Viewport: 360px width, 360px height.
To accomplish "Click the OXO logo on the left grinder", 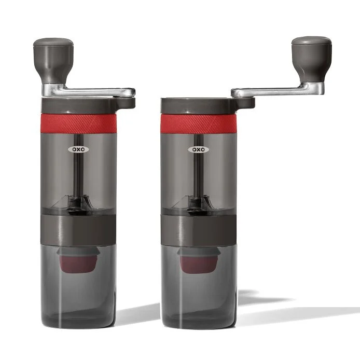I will (78, 149).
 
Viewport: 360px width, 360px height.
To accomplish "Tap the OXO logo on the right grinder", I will (198, 149).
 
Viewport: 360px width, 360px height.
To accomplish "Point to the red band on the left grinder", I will (78, 123).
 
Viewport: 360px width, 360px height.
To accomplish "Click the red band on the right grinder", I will (198, 123).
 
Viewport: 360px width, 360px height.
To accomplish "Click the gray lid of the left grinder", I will (83, 104).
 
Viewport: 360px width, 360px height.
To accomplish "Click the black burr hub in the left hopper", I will (77, 203).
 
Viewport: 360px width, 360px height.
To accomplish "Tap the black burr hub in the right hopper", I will (197, 203).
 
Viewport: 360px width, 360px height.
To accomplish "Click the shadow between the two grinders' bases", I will (138, 314).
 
